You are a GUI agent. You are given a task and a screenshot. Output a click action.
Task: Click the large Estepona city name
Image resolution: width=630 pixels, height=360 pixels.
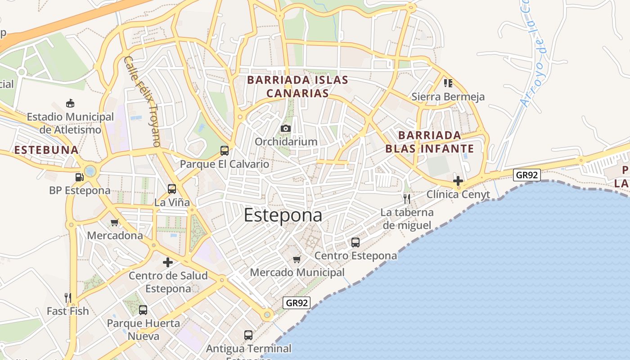(283, 216)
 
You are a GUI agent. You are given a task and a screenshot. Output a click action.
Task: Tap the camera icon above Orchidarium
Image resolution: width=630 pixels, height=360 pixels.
(285, 129)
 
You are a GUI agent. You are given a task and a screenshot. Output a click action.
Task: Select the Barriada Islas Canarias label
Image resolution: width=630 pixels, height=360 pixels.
(297, 86)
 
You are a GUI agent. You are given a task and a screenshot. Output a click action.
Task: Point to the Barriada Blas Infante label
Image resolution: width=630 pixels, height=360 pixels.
(430, 142)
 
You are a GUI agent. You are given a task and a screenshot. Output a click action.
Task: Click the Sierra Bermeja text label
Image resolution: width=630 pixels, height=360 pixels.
(448, 97)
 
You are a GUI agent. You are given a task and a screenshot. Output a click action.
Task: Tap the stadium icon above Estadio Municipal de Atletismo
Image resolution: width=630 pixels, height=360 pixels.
(70, 103)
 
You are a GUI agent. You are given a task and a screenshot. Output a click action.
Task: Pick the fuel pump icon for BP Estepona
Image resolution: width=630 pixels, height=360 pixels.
(79, 177)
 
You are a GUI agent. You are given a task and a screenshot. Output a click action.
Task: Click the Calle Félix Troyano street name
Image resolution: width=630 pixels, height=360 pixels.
(142, 102)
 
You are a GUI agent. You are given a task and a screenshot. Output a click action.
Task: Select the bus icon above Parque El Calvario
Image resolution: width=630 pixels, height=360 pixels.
(224, 151)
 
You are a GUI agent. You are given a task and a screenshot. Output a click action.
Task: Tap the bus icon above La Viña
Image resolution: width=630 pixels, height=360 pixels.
(171, 189)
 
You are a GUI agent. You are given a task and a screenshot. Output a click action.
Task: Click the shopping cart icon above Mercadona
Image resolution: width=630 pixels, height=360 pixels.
(115, 222)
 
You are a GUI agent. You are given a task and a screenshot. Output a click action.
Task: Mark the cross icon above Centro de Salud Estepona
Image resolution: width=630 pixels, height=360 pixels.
(168, 262)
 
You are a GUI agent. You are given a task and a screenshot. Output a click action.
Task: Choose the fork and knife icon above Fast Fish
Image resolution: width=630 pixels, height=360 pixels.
(68, 297)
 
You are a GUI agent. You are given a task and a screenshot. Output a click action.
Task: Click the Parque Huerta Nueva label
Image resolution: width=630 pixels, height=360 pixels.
(143, 329)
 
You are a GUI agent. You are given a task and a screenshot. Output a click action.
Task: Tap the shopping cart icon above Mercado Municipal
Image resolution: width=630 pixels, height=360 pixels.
(297, 259)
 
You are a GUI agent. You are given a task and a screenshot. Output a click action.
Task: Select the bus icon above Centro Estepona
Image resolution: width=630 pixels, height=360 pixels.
(355, 243)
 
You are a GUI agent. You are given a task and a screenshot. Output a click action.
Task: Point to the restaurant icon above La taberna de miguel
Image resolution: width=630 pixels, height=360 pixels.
(407, 199)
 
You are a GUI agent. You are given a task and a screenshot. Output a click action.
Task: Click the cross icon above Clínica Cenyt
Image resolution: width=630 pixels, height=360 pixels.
(458, 181)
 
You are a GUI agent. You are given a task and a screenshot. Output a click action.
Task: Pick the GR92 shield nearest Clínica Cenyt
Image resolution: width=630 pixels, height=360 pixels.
(527, 175)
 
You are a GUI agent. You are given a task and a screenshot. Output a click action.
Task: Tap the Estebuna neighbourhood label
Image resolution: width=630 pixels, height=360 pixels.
(46, 150)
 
